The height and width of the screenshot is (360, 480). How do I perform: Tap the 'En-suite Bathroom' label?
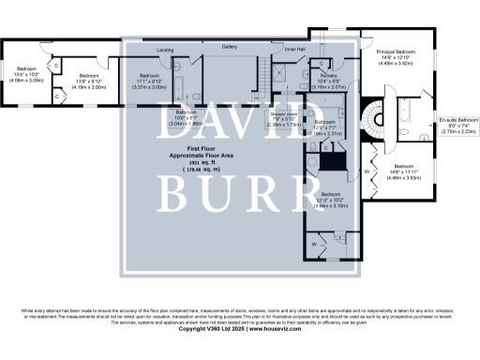click(x=459, y=121)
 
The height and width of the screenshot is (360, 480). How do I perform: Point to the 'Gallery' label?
click(x=229, y=46)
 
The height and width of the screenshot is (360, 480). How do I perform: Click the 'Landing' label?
click(x=165, y=50)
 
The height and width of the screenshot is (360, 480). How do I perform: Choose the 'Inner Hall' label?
click(x=295, y=50)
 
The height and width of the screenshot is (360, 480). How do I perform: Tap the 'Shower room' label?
click(x=284, y=114)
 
